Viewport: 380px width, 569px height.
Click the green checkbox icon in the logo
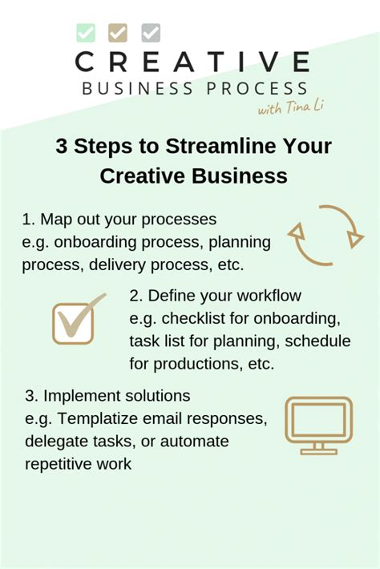[x=86, y=33]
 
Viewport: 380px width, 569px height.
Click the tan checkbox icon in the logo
[x=118, y=33]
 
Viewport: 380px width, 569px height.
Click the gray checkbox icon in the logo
[x=151, y=33]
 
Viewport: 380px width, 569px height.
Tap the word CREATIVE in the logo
[x=192, y=63]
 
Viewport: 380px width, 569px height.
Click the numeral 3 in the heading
[x=62, y=147]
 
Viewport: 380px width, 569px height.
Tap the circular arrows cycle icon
[x=325, y=236]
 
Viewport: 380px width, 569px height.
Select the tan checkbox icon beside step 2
[x=75, y=321]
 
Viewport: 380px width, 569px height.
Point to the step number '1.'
[x=29, y=220]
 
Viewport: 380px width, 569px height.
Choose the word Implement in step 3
[x=88, y=396]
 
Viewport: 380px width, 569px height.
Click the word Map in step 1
[x=56, y=220]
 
